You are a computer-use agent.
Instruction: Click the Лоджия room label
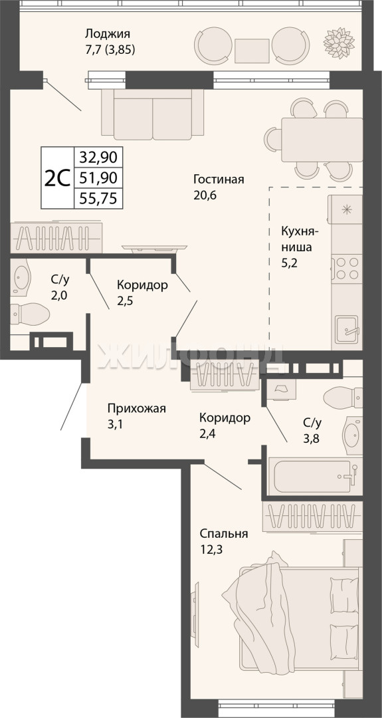[108, 34]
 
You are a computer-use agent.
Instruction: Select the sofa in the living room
[153, 114]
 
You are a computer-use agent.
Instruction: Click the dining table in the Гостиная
[322, 140]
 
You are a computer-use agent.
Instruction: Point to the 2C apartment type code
[57, 178]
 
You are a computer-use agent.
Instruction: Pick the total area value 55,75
[98, 198]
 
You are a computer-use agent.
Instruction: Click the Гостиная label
[218, 179]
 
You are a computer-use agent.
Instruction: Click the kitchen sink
[347, 329]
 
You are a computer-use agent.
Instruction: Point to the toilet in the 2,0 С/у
[30, 314]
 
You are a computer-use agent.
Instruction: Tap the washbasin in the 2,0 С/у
[21, 277]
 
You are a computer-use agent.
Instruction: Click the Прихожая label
[136, 408]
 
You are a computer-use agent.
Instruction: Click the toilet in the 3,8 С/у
[343, 396]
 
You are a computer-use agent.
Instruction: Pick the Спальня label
[224, 534]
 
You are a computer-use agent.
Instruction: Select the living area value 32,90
[98, 158]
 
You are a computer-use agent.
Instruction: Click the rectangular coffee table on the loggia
[252, 51]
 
